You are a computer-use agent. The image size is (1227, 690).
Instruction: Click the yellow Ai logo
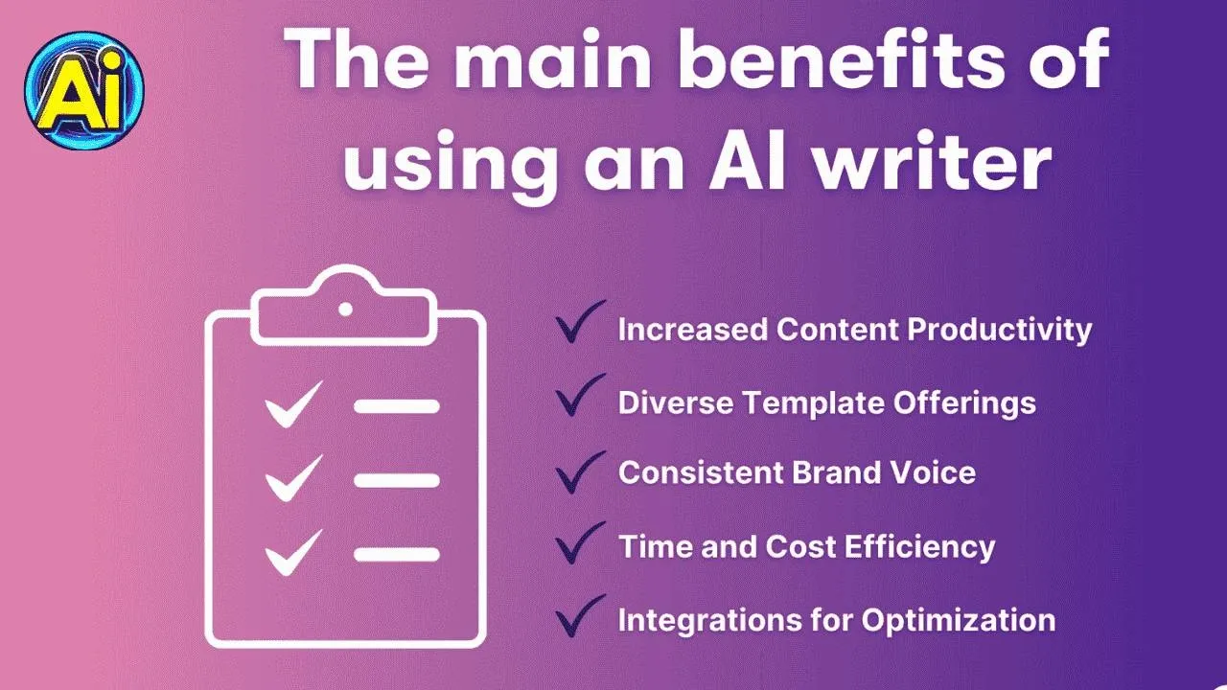pyautogui.click(x=83, y=90)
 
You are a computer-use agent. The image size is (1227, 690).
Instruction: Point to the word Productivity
pyautogui.click(x=999, y=331)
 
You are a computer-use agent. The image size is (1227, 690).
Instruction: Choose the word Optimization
pyautogui.click(x=958, y=620)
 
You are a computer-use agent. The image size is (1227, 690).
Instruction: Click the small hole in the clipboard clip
pyautogui.click(x=345, y=310)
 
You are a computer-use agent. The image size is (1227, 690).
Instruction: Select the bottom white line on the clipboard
pyautogui.click(x=397, y=554)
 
